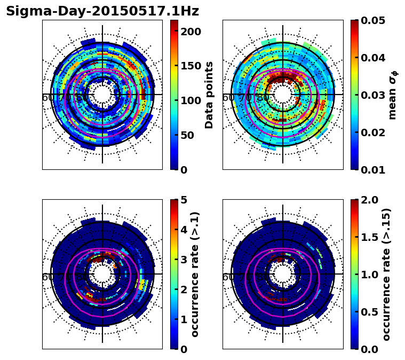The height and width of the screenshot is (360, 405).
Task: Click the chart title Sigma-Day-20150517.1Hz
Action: point(102,11)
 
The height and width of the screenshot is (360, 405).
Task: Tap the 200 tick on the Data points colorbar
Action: point(190,32)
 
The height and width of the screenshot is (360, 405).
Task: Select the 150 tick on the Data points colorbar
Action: point(190,66)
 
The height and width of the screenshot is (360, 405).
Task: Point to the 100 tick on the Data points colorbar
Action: point(190,100)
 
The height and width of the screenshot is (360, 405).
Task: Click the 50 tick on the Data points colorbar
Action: point(190,135)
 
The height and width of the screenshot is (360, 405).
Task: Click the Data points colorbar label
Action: point(209,95)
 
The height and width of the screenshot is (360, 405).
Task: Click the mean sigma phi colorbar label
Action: point(392,95)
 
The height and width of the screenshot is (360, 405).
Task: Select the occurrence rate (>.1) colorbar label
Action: point(195,274)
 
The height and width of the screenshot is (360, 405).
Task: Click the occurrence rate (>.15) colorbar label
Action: point(386,274)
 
